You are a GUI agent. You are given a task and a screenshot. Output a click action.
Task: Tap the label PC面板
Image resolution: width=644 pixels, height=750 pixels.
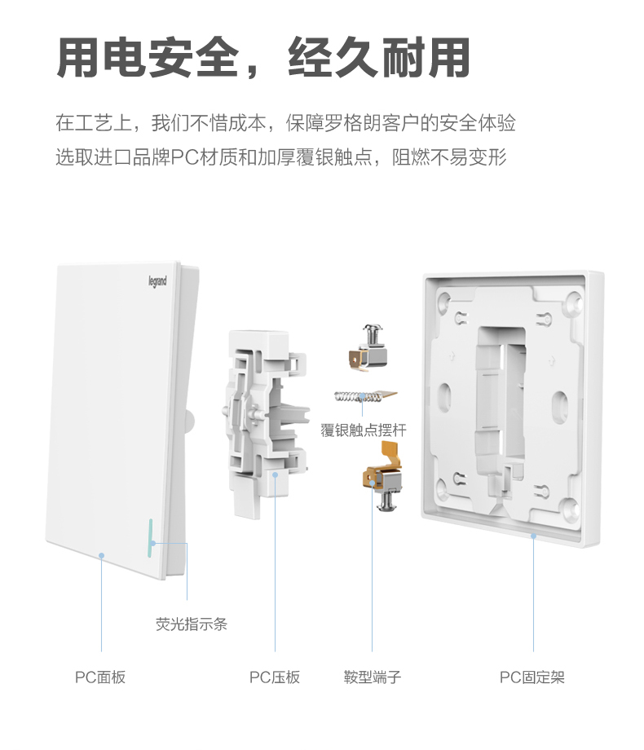coord(100,677)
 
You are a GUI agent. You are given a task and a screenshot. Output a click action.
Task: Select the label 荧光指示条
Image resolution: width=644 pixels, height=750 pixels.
coord(192,624)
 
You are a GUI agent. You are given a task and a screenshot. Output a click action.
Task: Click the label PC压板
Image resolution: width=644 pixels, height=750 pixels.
coord(275,677)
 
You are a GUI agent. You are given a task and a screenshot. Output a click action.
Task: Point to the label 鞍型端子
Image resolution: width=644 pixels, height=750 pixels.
coord(373,677)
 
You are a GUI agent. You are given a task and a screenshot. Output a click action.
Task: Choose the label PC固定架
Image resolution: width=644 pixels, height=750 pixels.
coord(532,677)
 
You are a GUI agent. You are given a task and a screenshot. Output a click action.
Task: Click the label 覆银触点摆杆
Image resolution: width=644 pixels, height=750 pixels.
coord(363,430)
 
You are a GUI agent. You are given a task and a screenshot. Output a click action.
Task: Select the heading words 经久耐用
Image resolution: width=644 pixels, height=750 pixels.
coord(379,60)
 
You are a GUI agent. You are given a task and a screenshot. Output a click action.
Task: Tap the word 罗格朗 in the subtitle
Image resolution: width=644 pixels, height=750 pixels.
coord(371,124)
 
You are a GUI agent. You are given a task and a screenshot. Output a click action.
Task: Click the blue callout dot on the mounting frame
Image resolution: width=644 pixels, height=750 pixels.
coord(533,536)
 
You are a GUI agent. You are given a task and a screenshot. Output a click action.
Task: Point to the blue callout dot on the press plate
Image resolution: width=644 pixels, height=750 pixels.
coord(276,474)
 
